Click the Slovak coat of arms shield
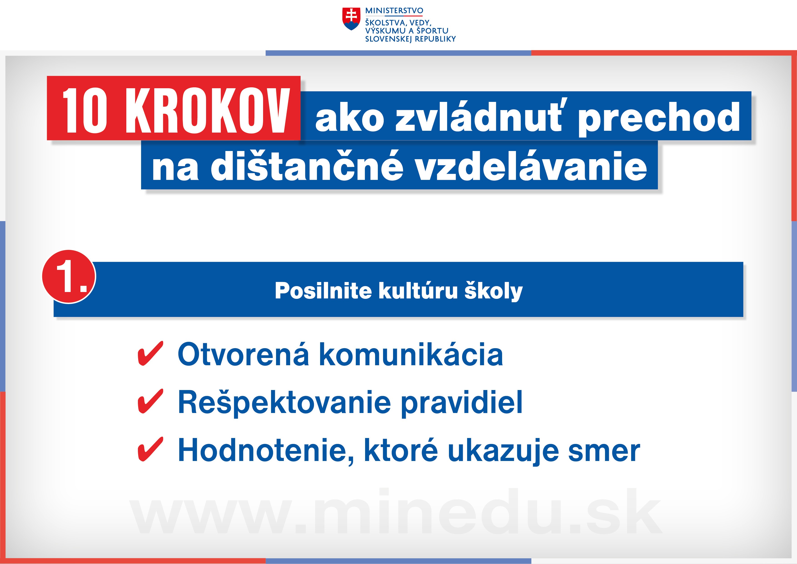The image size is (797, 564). tap(351, 19)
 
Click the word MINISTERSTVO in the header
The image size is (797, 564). tap(394, 11)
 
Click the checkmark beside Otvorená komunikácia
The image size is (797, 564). tap(150, 353)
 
